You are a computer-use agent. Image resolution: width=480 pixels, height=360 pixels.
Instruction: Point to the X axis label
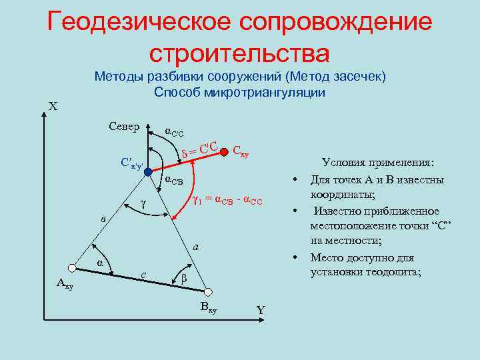click(53, 107)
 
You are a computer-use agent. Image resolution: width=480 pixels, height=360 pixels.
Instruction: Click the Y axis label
click(261, 310)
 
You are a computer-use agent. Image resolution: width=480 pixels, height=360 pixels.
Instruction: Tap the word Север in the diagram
click(123, 127)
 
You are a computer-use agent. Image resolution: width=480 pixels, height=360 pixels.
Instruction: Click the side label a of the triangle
click(195, 247)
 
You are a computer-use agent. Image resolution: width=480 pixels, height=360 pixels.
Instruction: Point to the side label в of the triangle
click(102, 219)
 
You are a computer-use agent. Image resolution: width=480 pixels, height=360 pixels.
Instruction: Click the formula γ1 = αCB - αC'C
click(227, 199)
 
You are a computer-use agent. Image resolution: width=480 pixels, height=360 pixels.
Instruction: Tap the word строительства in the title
click(239, 53)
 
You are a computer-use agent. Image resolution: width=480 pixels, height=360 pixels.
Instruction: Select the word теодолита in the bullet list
click(391, 272)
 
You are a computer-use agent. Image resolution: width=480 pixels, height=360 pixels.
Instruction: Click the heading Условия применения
click(377, 162)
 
